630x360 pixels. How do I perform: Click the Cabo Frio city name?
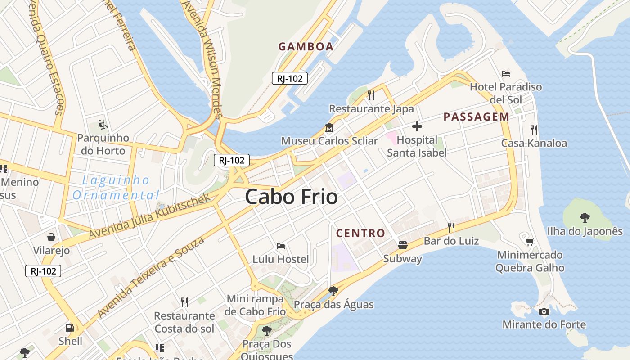click(291, 197)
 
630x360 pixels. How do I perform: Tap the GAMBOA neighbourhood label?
click(306, 46)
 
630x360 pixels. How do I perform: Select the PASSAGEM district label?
click(477, 117)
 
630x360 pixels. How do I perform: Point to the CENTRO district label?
click(361, 233)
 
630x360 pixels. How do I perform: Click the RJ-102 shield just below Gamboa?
click(289, 78)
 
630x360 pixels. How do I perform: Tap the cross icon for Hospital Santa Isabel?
click(417, 126)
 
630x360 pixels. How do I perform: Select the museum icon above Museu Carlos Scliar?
click(329, 128)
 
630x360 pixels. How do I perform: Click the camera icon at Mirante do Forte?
click(544, 311)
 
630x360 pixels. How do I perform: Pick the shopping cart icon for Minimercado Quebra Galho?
click(530, 242)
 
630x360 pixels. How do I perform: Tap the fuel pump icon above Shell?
click(70, 328)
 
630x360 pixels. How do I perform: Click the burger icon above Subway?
click(403, 245)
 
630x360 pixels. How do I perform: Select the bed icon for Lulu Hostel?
click(281, 246)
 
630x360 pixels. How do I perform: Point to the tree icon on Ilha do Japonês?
click(585, 218)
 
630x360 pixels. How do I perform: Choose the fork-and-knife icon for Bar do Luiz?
click(451, 228)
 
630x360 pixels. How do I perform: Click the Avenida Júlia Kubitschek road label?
click(149, 217)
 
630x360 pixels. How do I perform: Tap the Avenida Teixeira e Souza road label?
click(151, 276)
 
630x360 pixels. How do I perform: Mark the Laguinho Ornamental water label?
click(116, 188)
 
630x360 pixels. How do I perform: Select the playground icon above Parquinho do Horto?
click(103, 125)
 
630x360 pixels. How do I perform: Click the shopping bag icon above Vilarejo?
click(51, 237)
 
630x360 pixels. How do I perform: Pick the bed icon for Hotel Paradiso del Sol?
click(506, 74)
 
